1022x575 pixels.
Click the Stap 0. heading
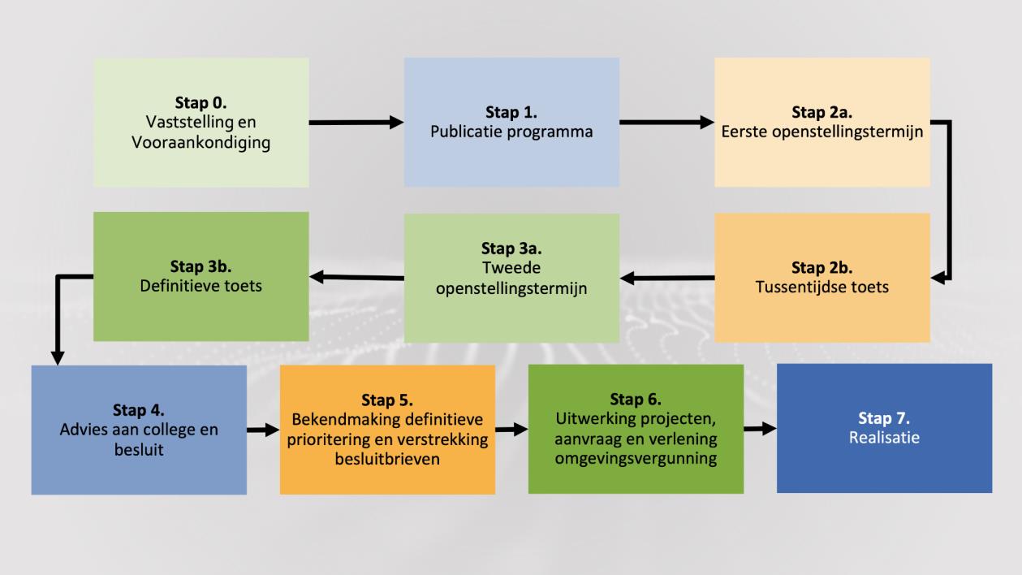[201, 103]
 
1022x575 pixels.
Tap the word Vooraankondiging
[201, 143]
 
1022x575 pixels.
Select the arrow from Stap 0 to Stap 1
[356, 123]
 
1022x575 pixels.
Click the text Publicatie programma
[511, 131]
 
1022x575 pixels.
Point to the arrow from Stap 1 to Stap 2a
[666, 123]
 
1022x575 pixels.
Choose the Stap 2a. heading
[821, 112]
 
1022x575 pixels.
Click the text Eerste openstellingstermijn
[821, 132]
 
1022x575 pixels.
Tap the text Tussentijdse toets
[821, 287]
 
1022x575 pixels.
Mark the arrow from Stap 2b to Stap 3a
[666, 279]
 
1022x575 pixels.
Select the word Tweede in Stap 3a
[511, 267]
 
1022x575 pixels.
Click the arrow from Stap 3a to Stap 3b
[356, 278]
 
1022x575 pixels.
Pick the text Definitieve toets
[201, 286]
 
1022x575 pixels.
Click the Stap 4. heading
[139, 411]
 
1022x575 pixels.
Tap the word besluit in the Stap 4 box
[139, 449]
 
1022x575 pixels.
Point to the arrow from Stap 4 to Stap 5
[263, 430]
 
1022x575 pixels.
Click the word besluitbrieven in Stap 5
[387, 459]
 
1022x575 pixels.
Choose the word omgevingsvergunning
[636, 459]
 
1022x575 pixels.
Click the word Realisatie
[884, 438]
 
